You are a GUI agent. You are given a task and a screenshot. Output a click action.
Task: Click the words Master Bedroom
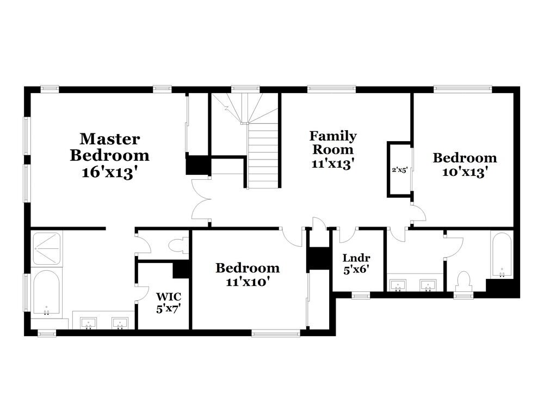click(x=109, y=147)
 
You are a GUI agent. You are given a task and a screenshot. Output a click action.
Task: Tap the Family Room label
click(x=333, y=142)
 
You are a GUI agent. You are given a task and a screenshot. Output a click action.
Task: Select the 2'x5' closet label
click(x=399, y=169)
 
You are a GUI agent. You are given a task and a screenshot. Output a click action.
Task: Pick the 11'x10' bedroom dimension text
click(x=248, y=282)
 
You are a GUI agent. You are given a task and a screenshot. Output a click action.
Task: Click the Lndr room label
click(x=356, y=258)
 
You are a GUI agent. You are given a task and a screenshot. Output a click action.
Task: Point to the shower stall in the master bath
click(x=47, y=248)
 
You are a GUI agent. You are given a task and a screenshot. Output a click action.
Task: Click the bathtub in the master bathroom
click(x=46, y=293)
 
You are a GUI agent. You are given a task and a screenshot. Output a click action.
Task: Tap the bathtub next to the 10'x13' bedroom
click(x=500, y=254)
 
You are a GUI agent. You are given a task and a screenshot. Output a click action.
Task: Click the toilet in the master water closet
click(x=178, y=247)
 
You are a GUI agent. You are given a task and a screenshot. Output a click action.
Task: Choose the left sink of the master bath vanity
click(x=88, y=323)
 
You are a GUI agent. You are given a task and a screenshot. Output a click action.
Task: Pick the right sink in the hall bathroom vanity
click(x=429, y=285)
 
